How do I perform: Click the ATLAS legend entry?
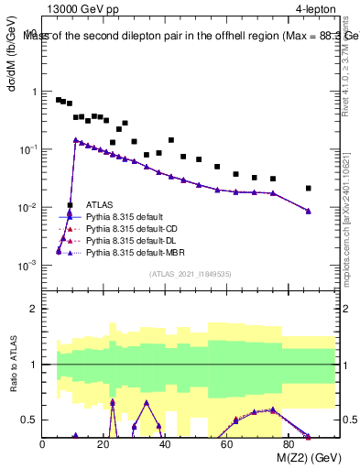[99, 205]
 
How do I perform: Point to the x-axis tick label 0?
[43, 444]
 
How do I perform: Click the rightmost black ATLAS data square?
[309, 188]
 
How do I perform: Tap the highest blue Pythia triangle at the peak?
[76, 140]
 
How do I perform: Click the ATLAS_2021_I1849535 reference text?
[191, 273]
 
